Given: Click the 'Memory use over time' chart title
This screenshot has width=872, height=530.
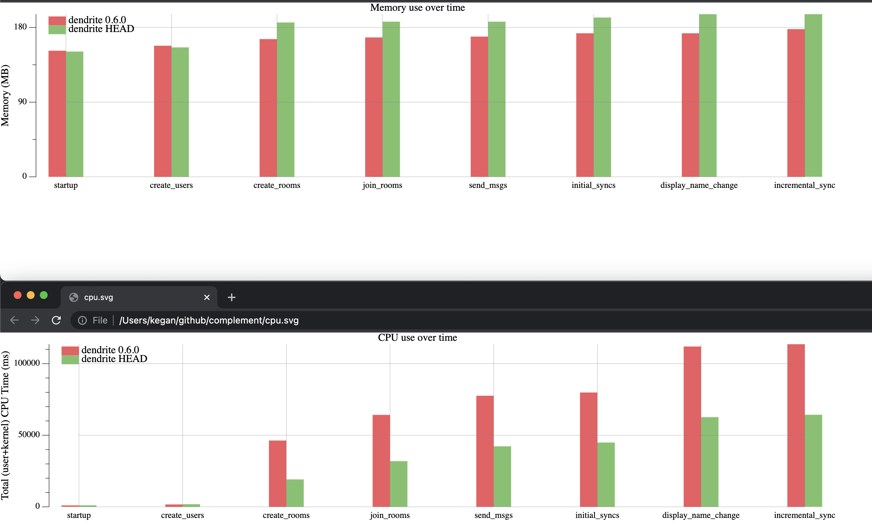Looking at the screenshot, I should pos(417,8).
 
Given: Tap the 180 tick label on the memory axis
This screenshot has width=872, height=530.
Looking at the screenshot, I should pos(20,27).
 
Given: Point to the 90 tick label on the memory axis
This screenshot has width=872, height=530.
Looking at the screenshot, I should pos(22,102).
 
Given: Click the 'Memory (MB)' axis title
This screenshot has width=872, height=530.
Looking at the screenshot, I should pos(5,96).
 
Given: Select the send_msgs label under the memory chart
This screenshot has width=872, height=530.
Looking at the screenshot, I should pos(488,185).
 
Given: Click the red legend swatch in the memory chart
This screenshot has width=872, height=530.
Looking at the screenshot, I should pos(57,21).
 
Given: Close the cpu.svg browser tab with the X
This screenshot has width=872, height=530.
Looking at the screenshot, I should pos(207,297).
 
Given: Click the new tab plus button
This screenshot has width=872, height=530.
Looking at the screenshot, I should pos(231,297).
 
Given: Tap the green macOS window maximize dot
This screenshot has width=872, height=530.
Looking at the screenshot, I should pos(44,295).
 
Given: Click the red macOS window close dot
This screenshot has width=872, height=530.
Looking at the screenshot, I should pos(17,295).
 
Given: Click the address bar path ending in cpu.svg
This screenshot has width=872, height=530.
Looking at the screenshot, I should pos(209,320).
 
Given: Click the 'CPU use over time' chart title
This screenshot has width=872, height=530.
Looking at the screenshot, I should pos(417,337).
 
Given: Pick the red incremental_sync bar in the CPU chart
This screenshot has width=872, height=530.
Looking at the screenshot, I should pos(796,425).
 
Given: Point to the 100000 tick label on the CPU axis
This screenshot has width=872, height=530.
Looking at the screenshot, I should pos(27,363).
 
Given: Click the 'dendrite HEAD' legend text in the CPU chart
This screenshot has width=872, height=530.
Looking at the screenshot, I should pos(114,359).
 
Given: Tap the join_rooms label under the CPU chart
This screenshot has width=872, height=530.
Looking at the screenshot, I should pos(390,515).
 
